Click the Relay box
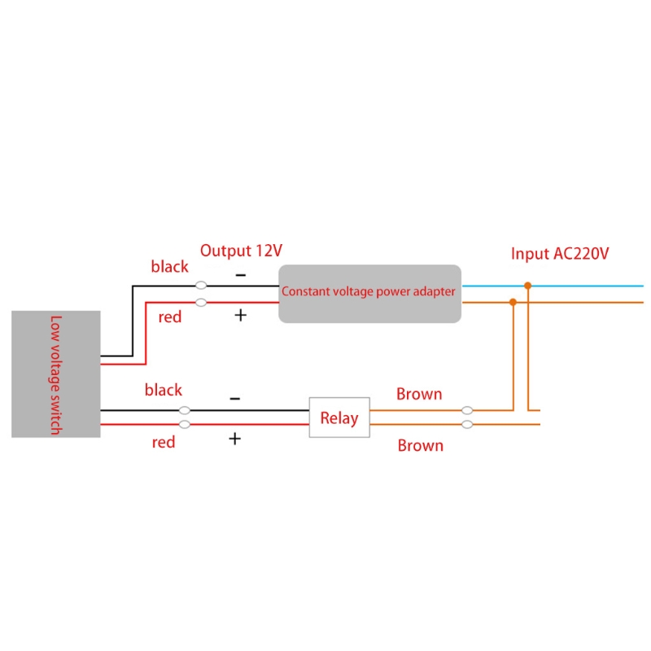point(339,417)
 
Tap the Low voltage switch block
point(55,374)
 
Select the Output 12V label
point(241,251)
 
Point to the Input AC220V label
point(560,254)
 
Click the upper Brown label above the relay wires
point(419,395)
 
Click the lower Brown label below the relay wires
point(420,445)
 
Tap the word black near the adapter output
point(169,267)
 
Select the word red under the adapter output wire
point(170,317)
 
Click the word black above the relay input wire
point(164,391)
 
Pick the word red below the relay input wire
point(164,442)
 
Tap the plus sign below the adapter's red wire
point(240,315)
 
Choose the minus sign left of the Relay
point(234,399)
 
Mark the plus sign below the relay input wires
point(234,439)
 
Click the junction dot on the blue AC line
point(528,286)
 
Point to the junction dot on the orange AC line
point(513,302)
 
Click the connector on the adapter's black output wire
point(201,286)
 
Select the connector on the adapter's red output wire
point(201,303)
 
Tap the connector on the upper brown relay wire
point(467,411)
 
